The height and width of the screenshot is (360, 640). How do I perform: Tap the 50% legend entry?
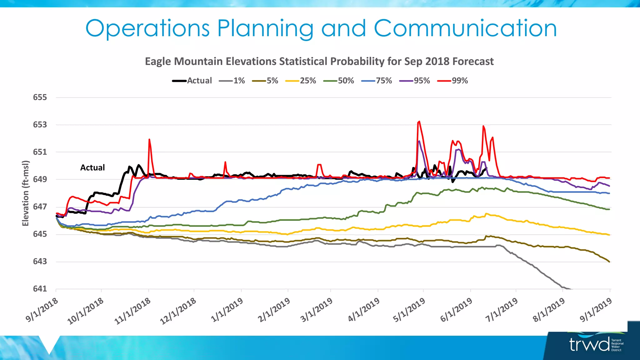click(346, 81)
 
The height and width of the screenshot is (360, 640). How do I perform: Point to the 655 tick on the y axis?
click(40, 97)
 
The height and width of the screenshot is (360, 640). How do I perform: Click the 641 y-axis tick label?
click(40, 289)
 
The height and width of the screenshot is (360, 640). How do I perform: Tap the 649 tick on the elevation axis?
click(40, 179)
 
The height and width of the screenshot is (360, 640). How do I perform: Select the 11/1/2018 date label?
click(133, 311)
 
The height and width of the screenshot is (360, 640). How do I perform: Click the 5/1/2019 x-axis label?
click(409, 310)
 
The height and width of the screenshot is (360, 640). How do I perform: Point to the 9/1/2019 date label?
click(596, 310)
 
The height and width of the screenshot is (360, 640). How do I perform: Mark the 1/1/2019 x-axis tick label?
click(227, 310)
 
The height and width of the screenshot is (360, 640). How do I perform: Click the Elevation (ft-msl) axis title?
click(25, 193)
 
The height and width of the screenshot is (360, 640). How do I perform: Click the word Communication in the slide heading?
click(465, 28)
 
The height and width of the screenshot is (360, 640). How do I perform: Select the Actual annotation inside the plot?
click(92, 168)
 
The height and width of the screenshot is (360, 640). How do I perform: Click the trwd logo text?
click(589, 344)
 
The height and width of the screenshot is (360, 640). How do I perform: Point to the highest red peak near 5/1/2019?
click(419, 122)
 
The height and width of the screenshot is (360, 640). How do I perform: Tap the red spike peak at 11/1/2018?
click(149, 139)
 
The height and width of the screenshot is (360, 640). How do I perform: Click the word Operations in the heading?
click(147, 28)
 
